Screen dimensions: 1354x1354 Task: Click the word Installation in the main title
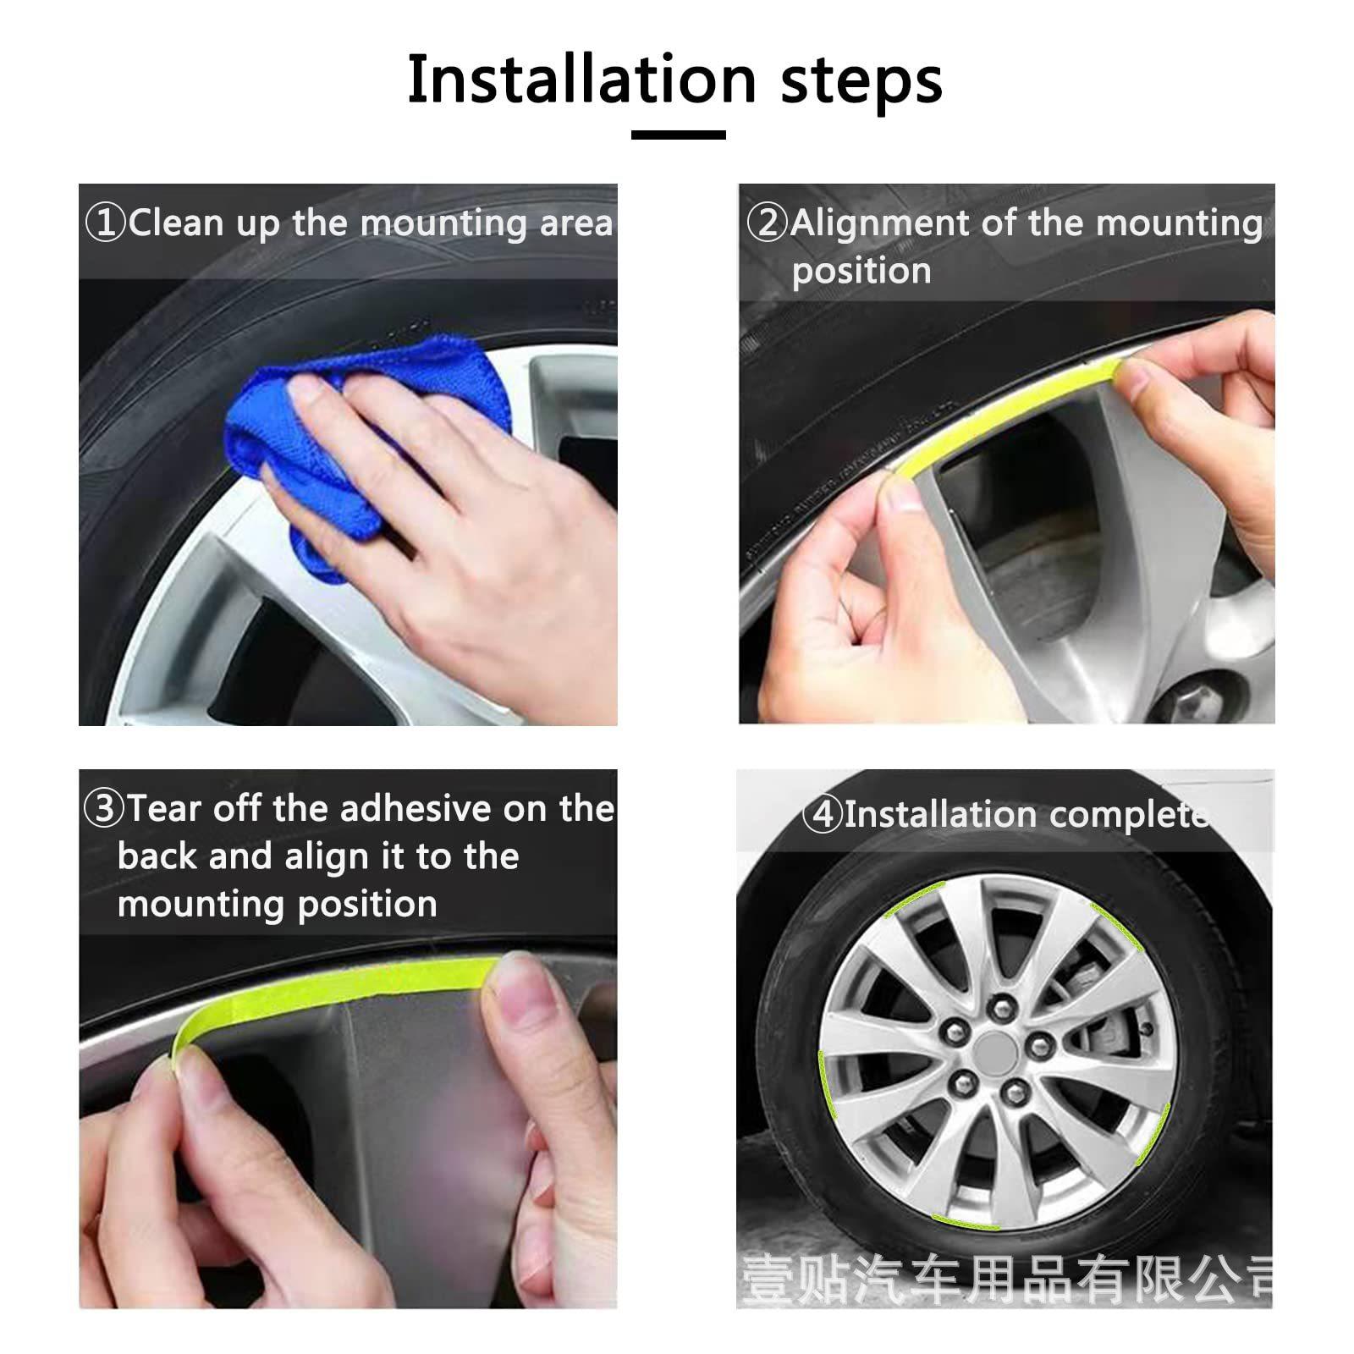click(582, 80)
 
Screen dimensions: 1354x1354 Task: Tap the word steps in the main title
click(861, 83)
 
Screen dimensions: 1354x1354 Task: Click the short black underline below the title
click(679, 135)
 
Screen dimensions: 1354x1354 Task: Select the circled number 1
click(106, 223)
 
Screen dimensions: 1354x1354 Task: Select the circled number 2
click(768, 223)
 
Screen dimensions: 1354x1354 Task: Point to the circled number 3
click(105, 807)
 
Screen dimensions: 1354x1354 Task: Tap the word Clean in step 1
click(177, 223)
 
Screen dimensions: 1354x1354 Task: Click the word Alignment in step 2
click(880, 224)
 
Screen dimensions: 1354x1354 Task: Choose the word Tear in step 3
click(165, 808)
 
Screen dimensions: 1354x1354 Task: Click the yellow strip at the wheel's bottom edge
click(965, 1221)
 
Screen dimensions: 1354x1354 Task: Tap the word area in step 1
click(576, 224)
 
